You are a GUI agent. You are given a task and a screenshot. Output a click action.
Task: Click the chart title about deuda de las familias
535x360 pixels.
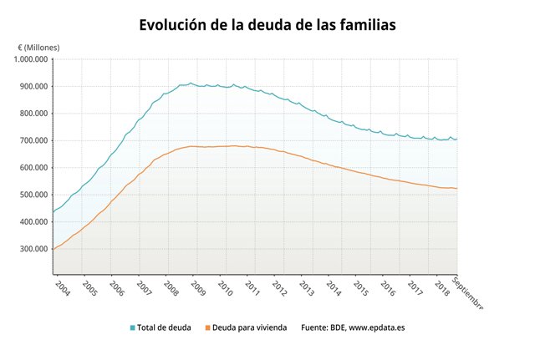click(x=267, y=25)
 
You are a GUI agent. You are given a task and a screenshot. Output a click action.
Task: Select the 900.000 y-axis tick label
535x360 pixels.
click(x=29, y=86)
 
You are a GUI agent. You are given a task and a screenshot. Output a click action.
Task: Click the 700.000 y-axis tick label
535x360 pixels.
click(x=29, y=140)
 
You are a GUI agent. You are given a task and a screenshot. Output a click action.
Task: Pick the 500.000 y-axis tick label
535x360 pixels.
click(x=29, y=195)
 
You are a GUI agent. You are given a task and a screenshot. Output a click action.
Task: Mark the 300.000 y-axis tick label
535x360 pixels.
click(x=29, y=249)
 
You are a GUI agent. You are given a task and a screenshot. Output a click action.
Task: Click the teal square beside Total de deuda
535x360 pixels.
click(x=132, y=327)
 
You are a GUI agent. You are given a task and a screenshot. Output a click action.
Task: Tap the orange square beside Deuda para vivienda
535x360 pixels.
click(x=206, y=327)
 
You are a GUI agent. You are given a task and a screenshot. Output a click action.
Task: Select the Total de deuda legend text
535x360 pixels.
click(x=165, y=327)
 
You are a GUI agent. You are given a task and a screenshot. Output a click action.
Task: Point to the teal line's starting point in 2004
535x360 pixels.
click(x=53, y=212)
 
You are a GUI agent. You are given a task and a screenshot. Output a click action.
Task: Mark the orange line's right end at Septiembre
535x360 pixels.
click(x=456, y=188)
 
